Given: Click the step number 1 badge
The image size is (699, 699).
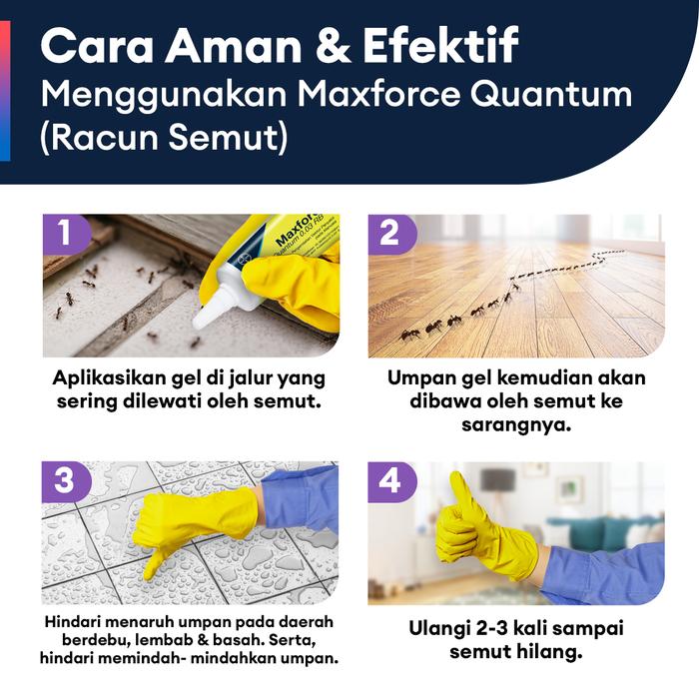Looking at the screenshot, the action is [x=66, y=234].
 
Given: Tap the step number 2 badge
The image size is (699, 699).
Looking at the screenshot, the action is [x=390, y=234].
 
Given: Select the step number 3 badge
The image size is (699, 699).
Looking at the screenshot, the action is [x=66, y=481].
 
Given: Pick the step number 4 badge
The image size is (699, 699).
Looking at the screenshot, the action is [x=390, y=481].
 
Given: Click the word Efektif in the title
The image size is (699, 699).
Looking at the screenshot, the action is [x=441, y=45].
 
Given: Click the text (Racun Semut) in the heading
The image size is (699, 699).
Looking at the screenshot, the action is [x=164, y=138].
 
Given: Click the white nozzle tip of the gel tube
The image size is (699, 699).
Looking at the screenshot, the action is [x=200, y=323].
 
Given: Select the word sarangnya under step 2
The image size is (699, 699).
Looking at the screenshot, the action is [x=516, y=425].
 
